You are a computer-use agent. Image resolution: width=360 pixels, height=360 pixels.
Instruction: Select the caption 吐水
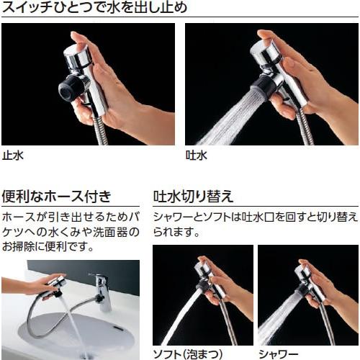click(x=196, y=154)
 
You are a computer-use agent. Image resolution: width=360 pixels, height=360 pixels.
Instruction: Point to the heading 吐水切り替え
click(x=193, y=195)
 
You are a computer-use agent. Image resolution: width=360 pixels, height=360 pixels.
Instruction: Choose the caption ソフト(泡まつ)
click(x=186, y=353)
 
